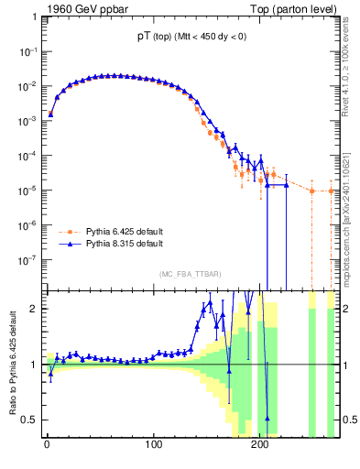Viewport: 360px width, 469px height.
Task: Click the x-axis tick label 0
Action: click(x=47, y=446)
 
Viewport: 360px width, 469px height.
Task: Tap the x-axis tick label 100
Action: click(x=153, y=446)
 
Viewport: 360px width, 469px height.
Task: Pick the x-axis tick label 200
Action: click(x=260, y=446)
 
